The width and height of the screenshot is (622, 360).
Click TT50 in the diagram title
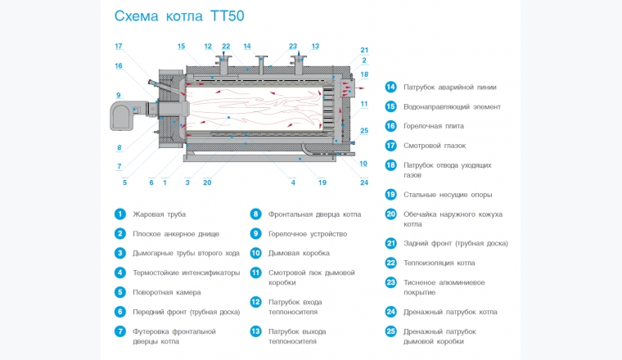pos(223,16)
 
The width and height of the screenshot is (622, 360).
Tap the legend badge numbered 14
pos(391,87)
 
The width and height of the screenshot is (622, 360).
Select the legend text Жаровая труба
pos(159,214)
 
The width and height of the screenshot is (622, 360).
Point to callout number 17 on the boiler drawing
pos(119,46)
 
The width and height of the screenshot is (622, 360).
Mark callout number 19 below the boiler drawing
pos(322,182)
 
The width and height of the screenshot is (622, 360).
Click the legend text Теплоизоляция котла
pos(439,263)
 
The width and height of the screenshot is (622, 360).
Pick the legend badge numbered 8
pos(255,214)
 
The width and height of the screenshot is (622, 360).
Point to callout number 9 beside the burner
pos(119,94)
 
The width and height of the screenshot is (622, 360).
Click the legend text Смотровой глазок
pos(435,146)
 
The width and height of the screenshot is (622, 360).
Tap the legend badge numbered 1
pos(119,214)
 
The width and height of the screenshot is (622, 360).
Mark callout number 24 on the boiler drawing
pos(364,182)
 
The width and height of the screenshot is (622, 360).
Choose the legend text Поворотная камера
pos(166,292)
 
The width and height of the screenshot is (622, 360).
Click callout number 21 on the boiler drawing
pos(364,50)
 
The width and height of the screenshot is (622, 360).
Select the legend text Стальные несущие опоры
pos(445,195)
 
